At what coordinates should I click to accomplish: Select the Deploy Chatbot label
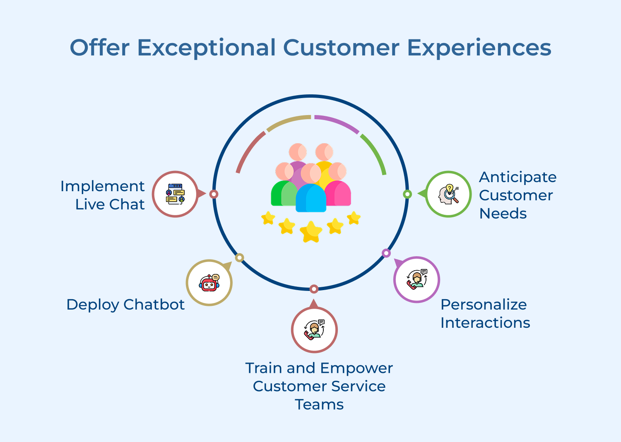tap(125, 305)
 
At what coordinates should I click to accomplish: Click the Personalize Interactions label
tap(485, 313)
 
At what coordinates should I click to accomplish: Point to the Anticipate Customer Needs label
tap(517, 195)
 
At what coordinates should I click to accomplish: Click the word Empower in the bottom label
tap(356, 368)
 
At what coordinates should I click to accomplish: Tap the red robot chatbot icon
tap(209, 283)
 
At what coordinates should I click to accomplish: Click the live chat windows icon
tap(175, 194)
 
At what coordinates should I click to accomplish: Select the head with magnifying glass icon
tap(448, 194)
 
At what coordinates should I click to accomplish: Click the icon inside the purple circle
tap(416, 280)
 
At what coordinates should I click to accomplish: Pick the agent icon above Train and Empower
tap(314, 330)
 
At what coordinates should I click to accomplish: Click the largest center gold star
tap(310, 232)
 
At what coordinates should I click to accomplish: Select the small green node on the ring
tap(407, 194)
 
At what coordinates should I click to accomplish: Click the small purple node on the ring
tap(386, 253)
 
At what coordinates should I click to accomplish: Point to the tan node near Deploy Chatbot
tap(239, 257)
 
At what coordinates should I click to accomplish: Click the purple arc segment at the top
tap(336, 123)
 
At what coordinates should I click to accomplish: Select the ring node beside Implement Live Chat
tap(214, 194)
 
